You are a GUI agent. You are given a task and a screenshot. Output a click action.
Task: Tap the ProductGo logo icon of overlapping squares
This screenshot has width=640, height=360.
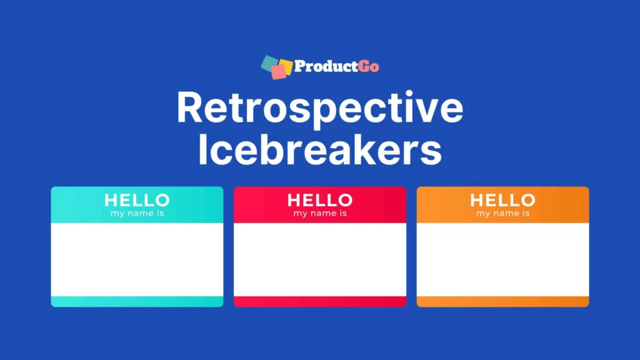[276, 67]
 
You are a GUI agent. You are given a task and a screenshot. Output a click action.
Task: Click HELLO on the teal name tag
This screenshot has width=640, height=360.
[137, 200]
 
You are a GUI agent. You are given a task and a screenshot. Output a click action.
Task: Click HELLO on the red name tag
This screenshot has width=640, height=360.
[319, 200]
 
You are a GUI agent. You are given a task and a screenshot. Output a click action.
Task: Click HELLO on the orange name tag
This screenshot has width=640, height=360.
[502, 200]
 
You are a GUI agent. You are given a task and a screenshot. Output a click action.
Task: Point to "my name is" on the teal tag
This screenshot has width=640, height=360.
[137, 213]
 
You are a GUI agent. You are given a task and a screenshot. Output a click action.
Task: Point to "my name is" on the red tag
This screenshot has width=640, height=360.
[319, 213]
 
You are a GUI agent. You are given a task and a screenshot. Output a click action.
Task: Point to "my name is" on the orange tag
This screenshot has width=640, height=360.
[502, 213]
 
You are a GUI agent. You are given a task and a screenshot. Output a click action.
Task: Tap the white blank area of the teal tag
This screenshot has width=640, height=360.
[137, 259]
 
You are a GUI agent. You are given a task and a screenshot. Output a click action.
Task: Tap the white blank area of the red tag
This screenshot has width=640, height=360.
[319, 259]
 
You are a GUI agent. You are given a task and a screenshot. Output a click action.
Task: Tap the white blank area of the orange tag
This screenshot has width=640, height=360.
[502, 259]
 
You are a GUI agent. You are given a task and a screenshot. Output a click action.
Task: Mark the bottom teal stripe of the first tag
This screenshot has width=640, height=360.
[137, 301]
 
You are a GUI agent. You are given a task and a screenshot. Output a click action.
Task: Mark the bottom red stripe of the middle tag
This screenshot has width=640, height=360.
[319, 301]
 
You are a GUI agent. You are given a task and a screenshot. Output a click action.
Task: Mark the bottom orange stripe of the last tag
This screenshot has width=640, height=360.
[502, 301]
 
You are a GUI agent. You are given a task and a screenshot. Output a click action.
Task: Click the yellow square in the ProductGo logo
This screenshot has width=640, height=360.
[286, 65]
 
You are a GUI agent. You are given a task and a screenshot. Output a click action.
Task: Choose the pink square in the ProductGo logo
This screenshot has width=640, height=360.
[278, 73]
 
